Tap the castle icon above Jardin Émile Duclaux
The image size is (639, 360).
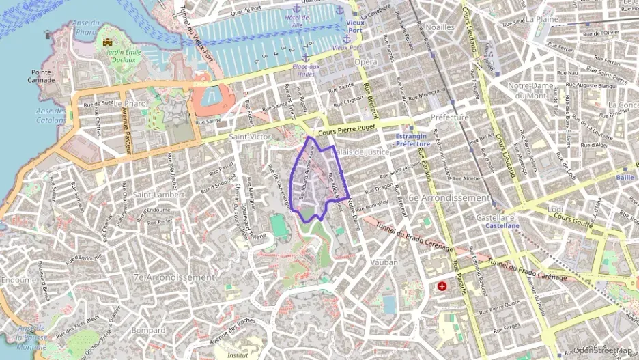click(x=107, y=42)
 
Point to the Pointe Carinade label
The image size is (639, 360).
click(x=42, y=75)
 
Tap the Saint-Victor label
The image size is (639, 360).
click(x=250, y=137)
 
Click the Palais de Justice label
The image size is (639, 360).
click(x=362, y=152)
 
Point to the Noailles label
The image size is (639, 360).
click(x=440, y=27)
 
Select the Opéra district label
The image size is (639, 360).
click(x=366, y=62)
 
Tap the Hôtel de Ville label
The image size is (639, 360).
click(x=297, y=20)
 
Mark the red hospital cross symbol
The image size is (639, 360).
click(x=442, y=286)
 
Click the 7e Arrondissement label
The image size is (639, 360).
click(x=174, y=277)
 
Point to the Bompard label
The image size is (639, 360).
click(x=149, y=329)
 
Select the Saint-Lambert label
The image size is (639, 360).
click(x=158, y=195)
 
